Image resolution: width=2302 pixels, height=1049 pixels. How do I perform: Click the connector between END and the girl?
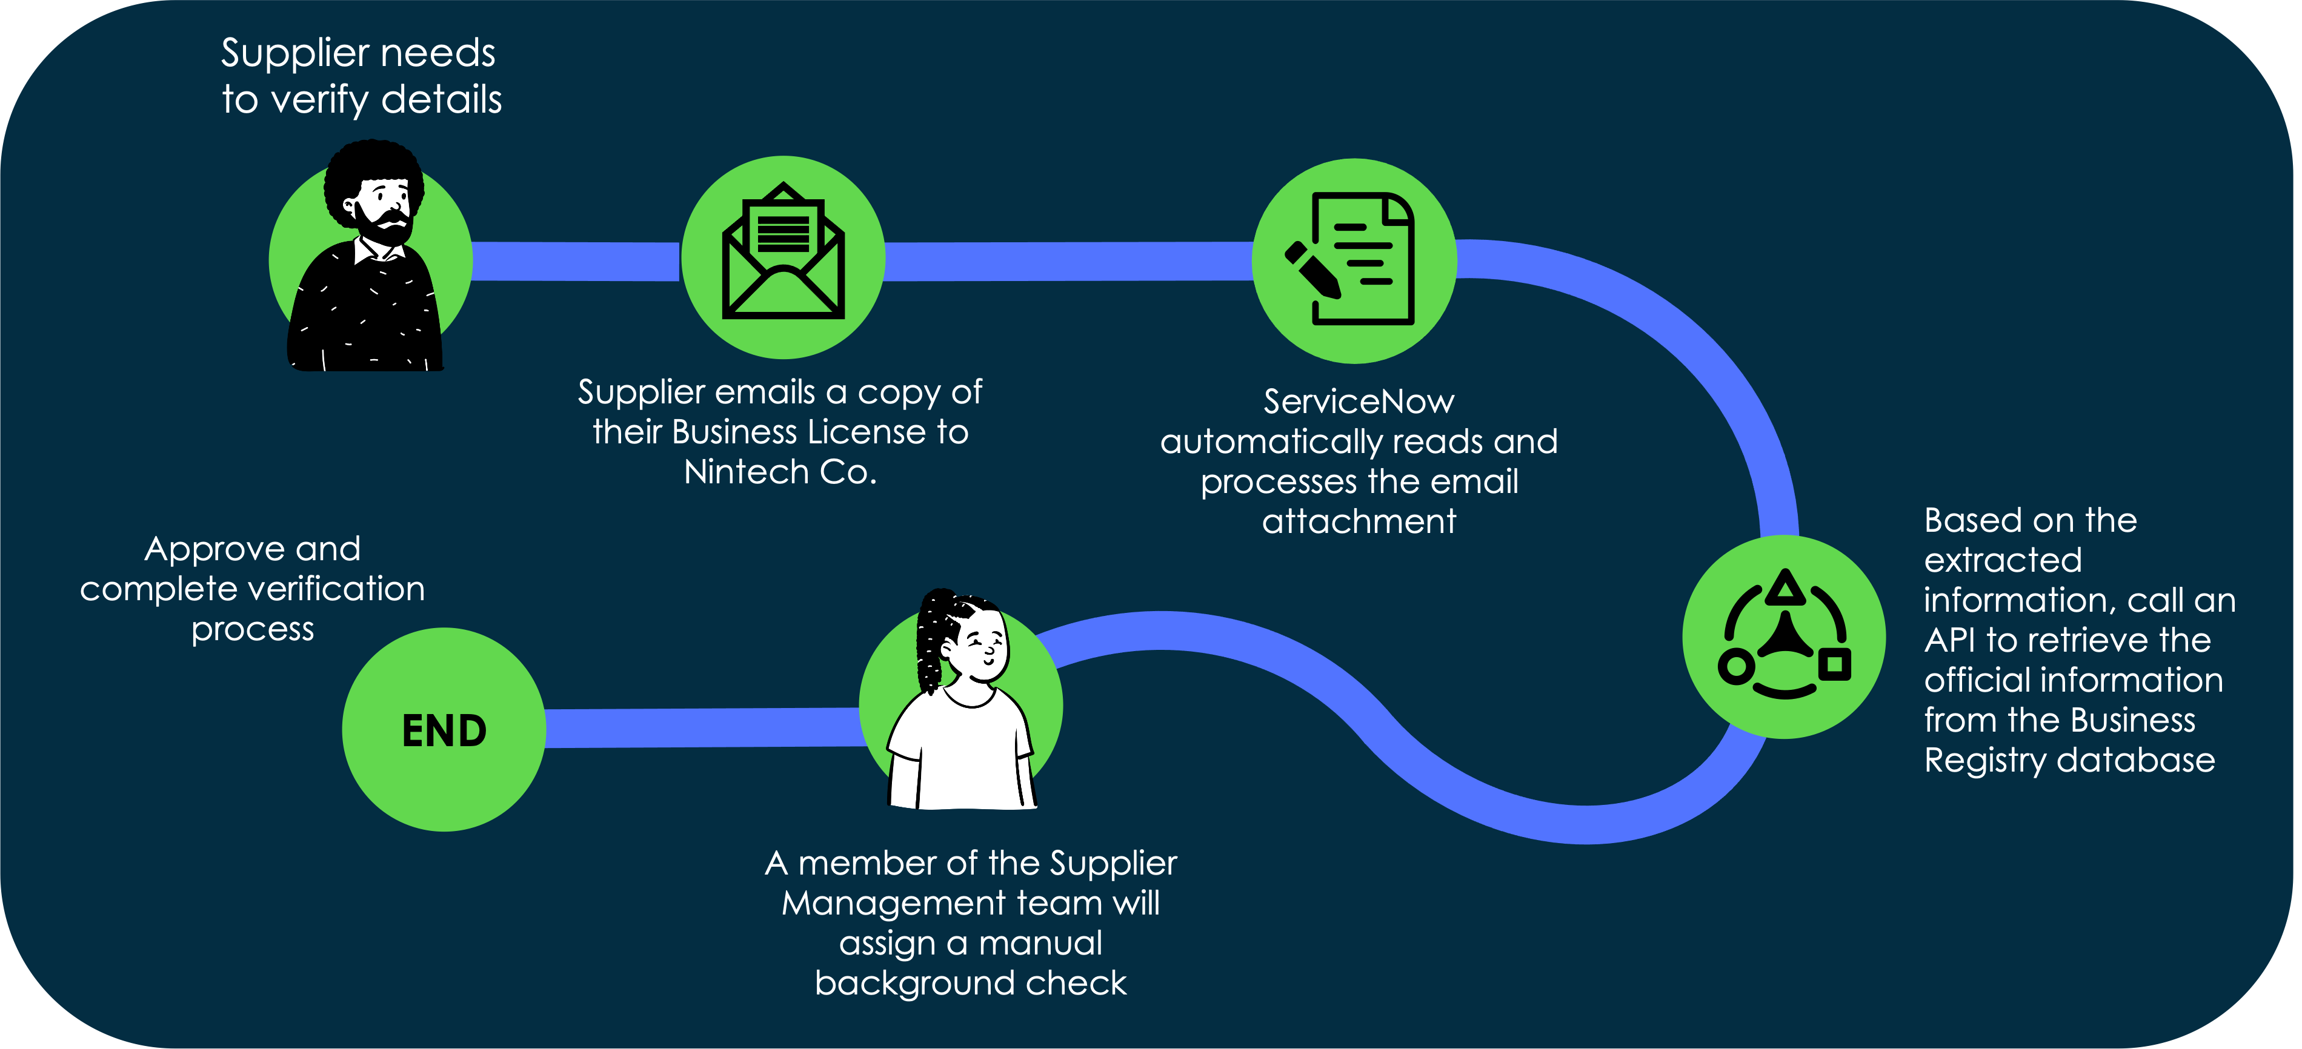(x=702, y=727)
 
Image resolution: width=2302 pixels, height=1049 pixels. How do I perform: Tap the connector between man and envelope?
(x=574, y=261)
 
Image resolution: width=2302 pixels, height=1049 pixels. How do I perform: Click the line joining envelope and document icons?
(x=1068, y=261)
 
